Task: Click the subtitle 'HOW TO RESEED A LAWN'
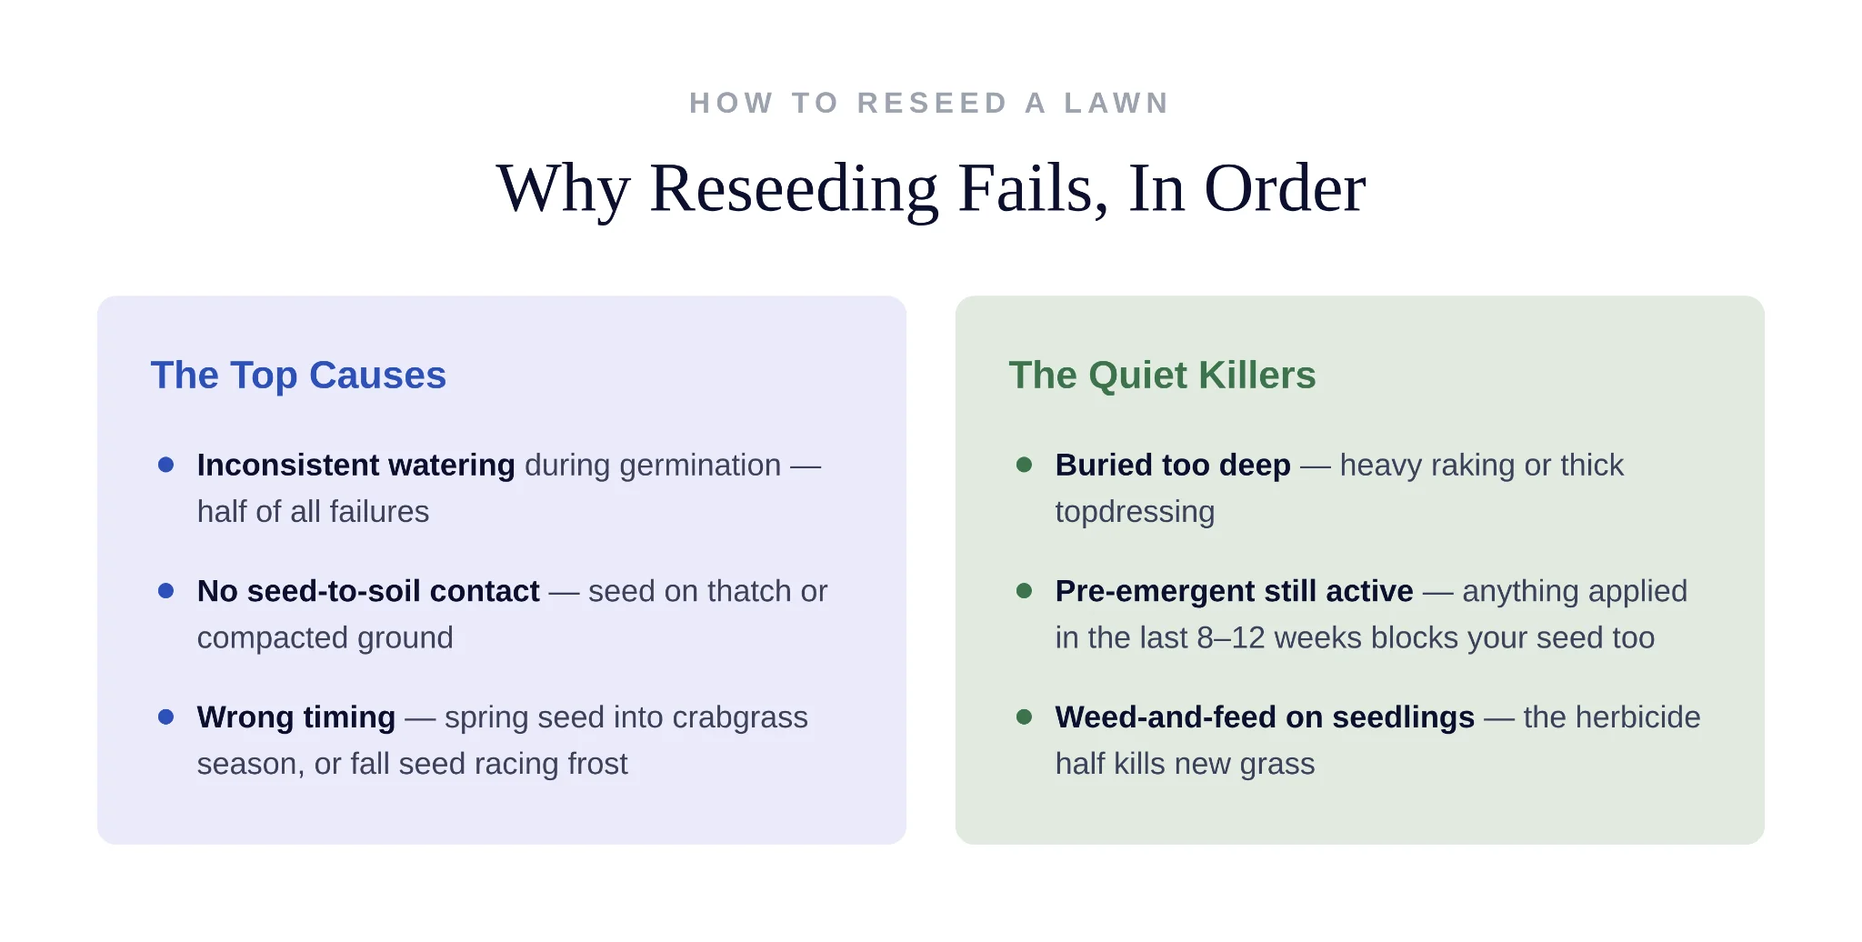[929, 103]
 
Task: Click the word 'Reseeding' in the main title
[794, 188]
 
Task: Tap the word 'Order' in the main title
[1285, 188]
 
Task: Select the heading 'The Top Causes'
[298, 375]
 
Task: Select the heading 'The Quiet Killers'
[1162, 375]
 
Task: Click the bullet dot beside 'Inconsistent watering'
[165, 465]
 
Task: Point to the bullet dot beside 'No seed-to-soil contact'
[165, 591]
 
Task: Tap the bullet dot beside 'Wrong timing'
[165, 717]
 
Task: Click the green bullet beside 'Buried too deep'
[1024, 465]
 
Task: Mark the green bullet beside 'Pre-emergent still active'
[1024, 591]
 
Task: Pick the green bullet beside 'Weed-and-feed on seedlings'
[1024, 717]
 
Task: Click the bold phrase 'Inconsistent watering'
[356, 466]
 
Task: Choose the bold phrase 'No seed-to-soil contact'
[368, 591]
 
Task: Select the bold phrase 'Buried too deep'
[1173, 466]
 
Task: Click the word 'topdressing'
[1135, 513]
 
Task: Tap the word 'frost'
[597, 764]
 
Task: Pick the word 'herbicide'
[1629, 717]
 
